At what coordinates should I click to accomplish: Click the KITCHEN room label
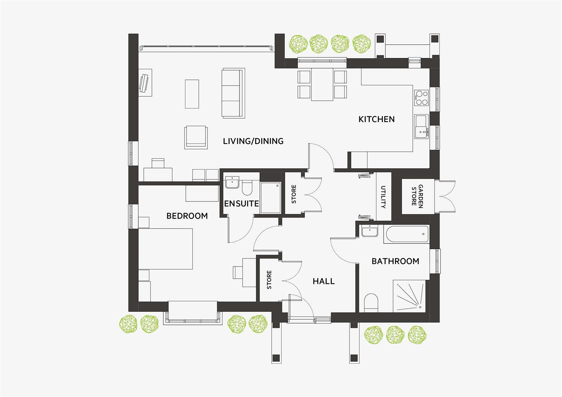[376, 119]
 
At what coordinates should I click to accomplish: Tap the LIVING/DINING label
[253, 141]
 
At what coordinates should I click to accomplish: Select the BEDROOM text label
[187, 216]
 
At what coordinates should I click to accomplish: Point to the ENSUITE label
[241, 203]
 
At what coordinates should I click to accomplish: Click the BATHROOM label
[395, 261]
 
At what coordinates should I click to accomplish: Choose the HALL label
[324, 282]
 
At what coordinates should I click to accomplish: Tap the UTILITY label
[383, 197]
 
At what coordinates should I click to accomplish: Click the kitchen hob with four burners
[421, 98]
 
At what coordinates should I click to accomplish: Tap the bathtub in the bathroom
[406, 234]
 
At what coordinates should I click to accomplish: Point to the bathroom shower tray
[409, 296]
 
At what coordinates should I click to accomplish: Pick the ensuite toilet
[247, 187]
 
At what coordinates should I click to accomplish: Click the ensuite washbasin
[232, 182]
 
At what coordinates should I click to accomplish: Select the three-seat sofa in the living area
[233, 93]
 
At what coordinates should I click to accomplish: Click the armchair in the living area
[196, 137]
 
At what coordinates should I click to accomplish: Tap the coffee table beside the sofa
[192, 94]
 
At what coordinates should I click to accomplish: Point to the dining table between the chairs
[322, 85]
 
